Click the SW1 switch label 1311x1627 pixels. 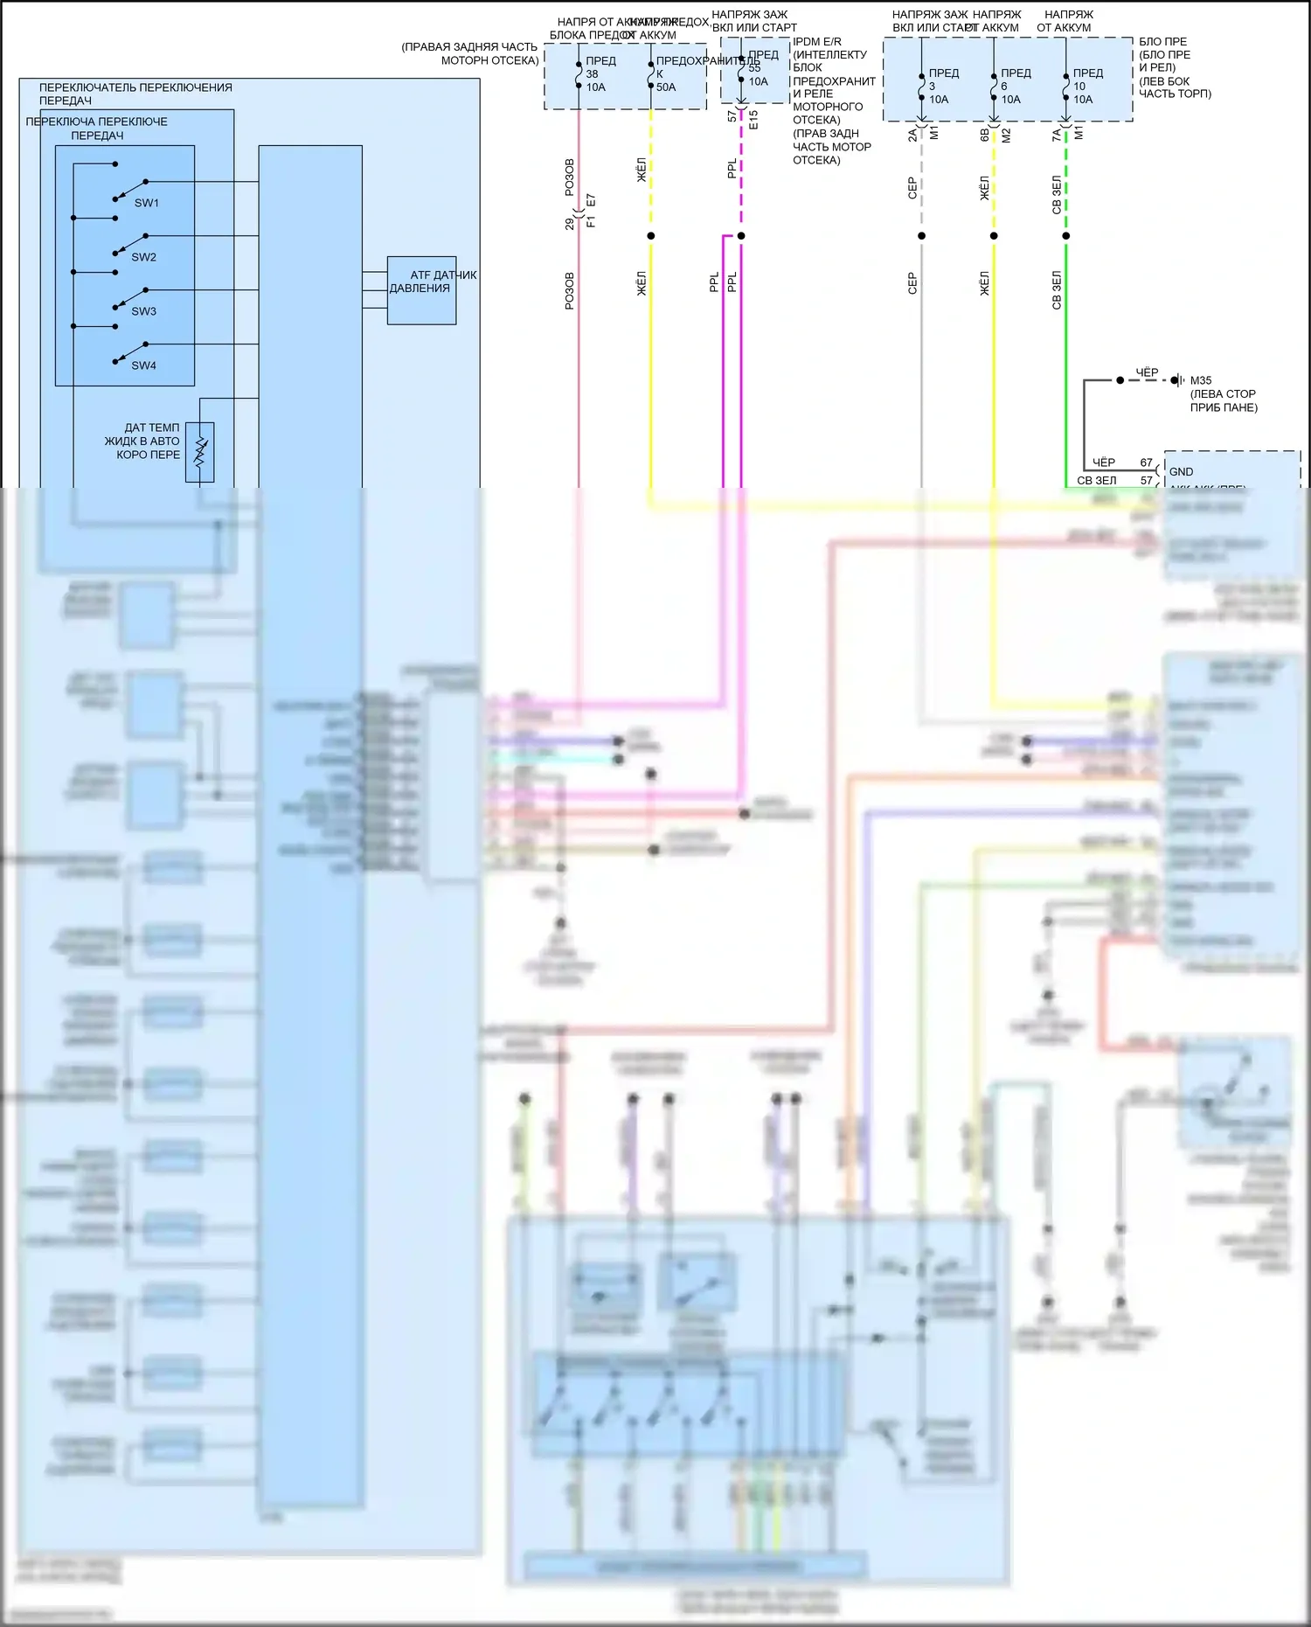click(x=147, y=203)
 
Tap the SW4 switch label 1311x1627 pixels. click(x=143, y=365)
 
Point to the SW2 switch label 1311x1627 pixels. click(x=143, y=257)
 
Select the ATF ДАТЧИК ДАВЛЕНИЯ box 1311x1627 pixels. click(x=421, y=290)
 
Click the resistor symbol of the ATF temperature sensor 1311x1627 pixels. click(x=200, y=451)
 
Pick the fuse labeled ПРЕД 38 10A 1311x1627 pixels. click(x=579, y=74)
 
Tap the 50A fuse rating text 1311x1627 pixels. click(x=666, y=87)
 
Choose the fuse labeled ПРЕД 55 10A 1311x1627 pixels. click(x=741, y=69)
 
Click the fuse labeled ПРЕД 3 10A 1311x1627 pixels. click(x=922, y=87)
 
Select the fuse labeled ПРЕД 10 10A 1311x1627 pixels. click(x=1066, y=87)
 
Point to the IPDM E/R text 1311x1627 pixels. click(x=816, y=41)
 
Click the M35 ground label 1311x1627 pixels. click(x=1201, y=380)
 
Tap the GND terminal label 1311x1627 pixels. click(x=1181, y=471)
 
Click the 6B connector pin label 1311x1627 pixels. click(x=984, y=135)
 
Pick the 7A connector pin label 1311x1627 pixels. click(x=1057, y=135)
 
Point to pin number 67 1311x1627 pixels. click(x=1146, y=462)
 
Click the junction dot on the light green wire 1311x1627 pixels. click(x=1066, y=236)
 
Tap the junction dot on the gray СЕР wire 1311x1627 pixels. click(x=922, y=236)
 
